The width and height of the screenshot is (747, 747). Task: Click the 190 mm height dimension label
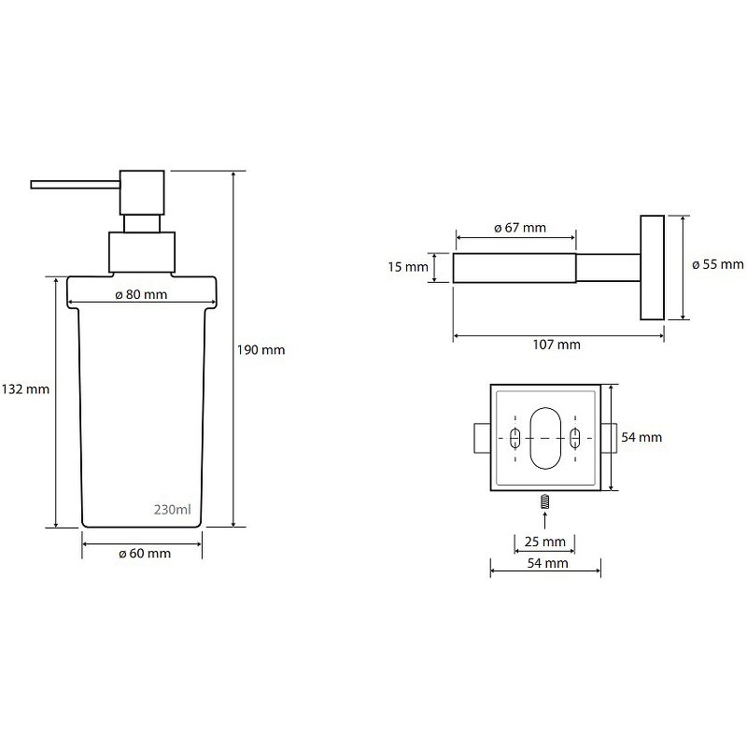tap(261, 350)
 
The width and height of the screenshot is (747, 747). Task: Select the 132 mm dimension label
tap(26, 389)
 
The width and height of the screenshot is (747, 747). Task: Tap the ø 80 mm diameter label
tap(142, 294)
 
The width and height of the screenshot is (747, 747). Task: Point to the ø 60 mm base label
tap(145, 554)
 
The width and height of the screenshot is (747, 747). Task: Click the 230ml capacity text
tap(173, 510)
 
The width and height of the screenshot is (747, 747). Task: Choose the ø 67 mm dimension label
tap(520, 228)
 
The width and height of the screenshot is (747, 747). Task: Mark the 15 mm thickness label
tap(408, 267)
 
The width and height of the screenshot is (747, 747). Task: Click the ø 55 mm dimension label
tap(718, 264)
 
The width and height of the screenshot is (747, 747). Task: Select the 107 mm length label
tap(557, 345)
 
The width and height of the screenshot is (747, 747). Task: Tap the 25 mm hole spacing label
tap(545, 542)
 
